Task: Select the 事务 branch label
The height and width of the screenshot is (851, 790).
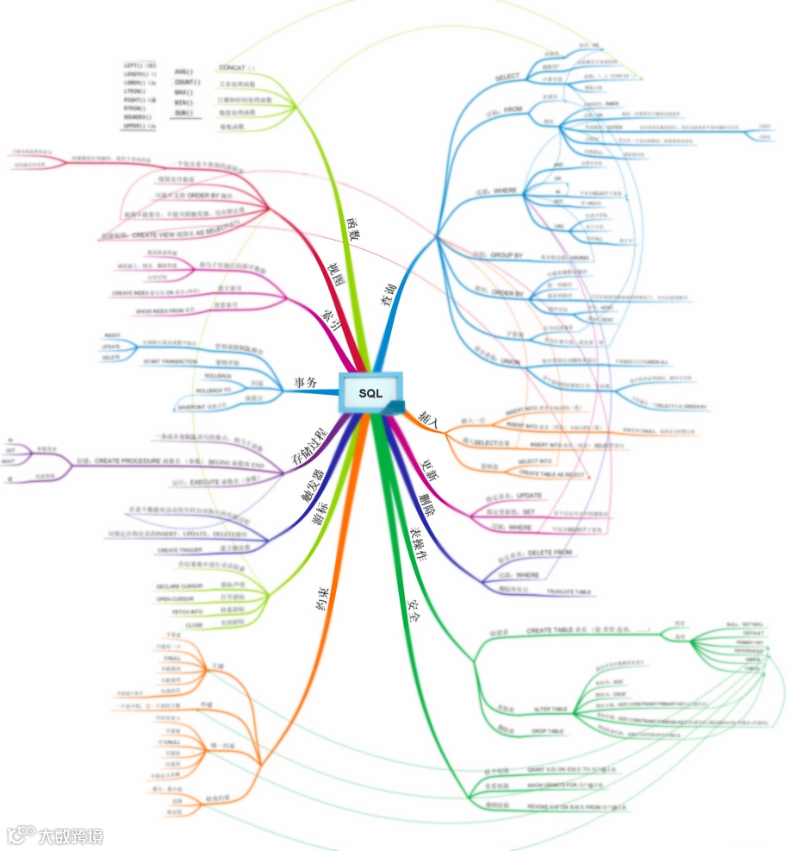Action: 306,382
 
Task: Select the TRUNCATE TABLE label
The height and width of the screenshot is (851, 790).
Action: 569,591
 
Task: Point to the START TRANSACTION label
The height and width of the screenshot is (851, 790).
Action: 171,361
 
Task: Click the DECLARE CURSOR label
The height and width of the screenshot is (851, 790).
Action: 181,586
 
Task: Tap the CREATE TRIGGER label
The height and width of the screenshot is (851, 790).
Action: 179,549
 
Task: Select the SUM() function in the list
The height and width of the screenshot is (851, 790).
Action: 183,113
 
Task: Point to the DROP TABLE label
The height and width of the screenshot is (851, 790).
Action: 547,730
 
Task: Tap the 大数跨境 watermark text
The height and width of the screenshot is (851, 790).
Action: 68,835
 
